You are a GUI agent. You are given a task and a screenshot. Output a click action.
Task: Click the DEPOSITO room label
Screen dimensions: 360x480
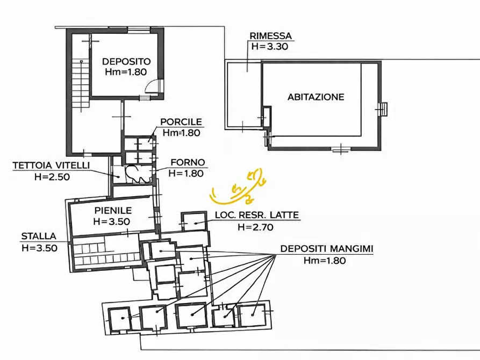[126, 61]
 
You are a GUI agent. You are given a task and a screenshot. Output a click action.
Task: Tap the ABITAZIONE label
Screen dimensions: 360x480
[316, 97]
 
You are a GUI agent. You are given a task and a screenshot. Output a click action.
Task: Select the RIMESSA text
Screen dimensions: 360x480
[270, 36]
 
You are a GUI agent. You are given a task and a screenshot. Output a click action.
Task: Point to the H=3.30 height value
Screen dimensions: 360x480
[270, 46]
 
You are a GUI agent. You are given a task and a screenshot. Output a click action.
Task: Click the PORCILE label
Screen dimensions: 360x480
[181, 122]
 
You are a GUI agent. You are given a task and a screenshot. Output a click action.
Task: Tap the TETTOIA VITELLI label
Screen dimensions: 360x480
[52, 165]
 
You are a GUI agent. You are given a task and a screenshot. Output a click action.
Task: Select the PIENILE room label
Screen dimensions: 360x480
[111, 210]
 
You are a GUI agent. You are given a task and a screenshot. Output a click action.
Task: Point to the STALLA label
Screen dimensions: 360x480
[39, 236]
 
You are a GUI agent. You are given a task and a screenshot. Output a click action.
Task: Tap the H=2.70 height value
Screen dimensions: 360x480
[256, 227]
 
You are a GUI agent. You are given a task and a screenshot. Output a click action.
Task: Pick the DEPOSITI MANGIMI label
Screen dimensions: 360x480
[326, 249]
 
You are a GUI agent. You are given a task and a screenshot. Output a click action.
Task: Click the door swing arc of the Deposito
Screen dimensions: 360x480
[154, 86]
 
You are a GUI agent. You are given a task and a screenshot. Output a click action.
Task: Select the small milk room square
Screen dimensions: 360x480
[194, 221]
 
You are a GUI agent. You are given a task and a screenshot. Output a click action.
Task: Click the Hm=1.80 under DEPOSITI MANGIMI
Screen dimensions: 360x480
[324, 261]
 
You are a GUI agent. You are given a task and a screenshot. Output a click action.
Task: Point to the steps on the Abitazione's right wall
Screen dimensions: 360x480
[383, 109]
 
